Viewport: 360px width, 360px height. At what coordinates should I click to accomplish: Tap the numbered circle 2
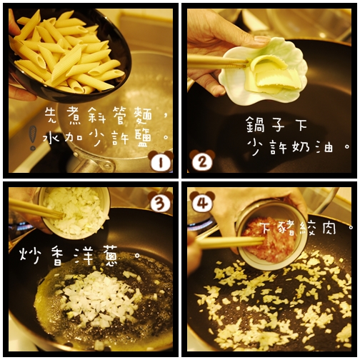(x=202, y=161)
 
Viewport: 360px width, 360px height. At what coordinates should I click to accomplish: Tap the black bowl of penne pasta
(x=68, y=54)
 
